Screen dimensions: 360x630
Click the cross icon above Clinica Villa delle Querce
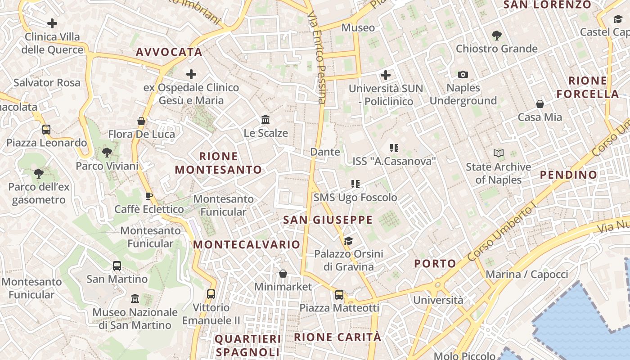point(52,23)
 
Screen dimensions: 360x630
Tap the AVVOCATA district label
point(169,52)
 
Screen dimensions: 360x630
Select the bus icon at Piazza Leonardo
point(46,130)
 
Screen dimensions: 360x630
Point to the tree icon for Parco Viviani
point(107,153)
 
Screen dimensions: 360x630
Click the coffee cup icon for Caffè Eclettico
point(149,196)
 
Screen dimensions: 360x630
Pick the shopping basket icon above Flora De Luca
point(141,121)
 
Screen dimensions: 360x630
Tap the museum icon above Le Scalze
point(265,120)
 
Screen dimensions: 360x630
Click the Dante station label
point(325,152)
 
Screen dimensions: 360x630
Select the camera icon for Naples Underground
point(463,74)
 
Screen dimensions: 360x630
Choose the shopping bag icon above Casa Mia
point(540,104)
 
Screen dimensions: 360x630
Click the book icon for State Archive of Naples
point(498,153)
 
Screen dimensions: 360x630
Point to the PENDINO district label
point(569,175)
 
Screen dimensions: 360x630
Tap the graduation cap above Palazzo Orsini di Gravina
point(348,241)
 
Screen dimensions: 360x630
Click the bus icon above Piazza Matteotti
point(339,295)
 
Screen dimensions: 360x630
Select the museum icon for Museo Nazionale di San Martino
point(135,298)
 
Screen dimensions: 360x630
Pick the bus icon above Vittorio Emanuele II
point(211,294)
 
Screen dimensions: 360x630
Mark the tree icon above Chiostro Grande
point(497,35)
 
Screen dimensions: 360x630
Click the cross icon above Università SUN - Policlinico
point(386,75)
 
